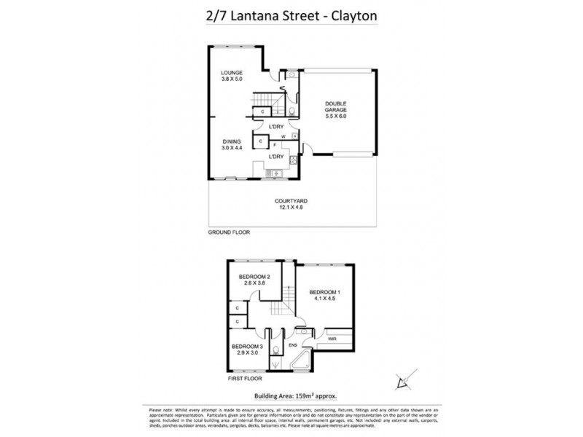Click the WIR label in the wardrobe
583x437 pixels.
[332, 339]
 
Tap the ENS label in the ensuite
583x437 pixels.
[293, 345]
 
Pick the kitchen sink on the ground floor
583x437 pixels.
[275, 173]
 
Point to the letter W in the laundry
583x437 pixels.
[283, 135]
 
